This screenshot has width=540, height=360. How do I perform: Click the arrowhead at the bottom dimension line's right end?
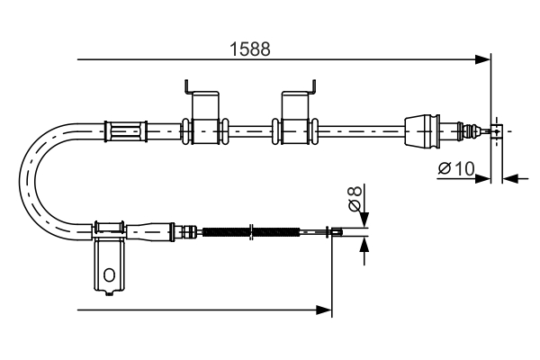click(327, 310)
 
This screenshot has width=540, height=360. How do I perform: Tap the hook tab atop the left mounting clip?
click(187, 87)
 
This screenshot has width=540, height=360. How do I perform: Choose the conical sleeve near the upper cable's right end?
click(421, 131)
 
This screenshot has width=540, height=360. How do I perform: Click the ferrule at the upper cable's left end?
click(125, 131)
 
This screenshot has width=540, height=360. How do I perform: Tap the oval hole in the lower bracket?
click(110, 275)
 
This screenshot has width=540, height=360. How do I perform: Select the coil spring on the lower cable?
click(251, 233)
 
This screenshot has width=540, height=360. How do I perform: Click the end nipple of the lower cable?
click(336, 234)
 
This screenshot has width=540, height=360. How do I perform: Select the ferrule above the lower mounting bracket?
click(109, 227)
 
